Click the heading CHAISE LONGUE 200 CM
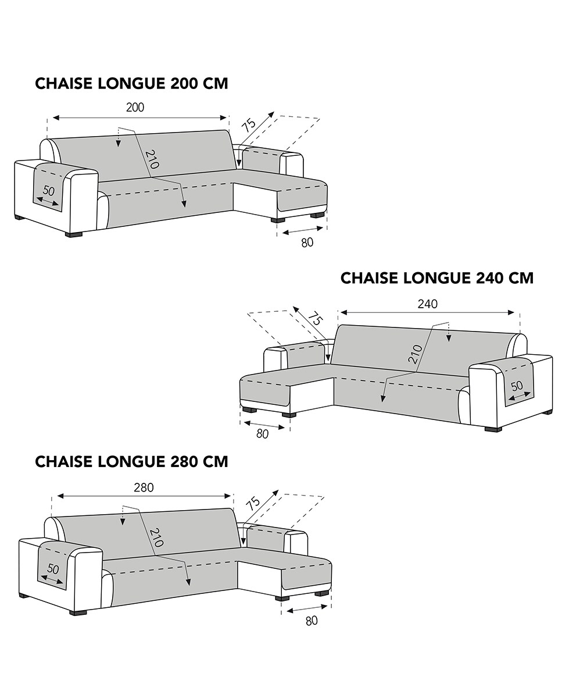pos(131,83)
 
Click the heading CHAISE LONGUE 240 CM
pos(436,278)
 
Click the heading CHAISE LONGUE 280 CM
pos(131,461)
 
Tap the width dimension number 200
pos(135,107)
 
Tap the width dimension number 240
pos(428,303)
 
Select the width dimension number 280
pos(144,487)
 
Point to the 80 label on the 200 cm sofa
pos(307,243)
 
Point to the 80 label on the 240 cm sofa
pos(263,434)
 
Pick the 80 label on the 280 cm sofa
pos(312,621)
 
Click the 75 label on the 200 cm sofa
pos(249,124)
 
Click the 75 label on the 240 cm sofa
pos(314,319)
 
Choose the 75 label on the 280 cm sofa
pos(252,503)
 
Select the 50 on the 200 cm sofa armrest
pos(49,191)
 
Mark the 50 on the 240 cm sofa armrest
pos(517,385)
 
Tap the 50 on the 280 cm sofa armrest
pos(53,569)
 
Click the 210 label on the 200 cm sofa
pos(152,159)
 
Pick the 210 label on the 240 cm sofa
pos(414,354)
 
